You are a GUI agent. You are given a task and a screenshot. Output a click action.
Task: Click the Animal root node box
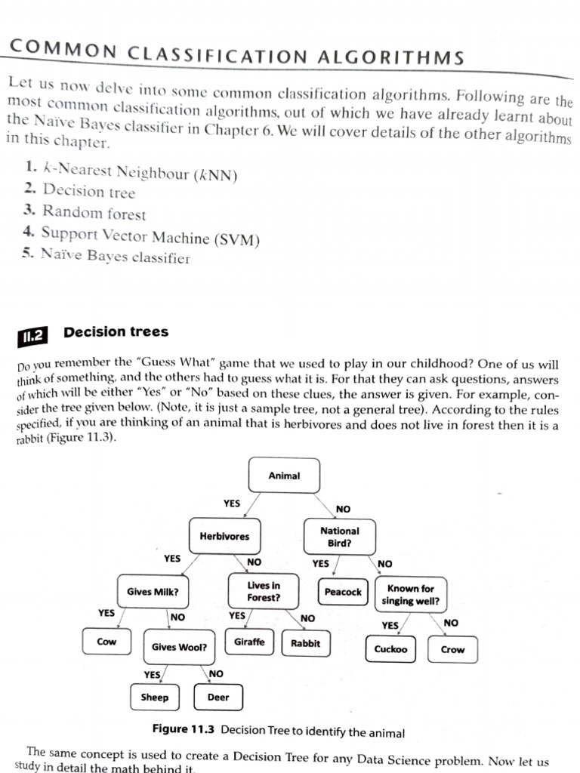click(284, 476)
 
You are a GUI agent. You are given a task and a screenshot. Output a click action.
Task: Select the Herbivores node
click(224, 536)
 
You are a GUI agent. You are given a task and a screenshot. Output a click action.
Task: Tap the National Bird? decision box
click(339, 537)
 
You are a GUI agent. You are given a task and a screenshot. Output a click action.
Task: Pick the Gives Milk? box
click(153, 592)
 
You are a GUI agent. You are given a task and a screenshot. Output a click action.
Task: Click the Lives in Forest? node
click(264, 591)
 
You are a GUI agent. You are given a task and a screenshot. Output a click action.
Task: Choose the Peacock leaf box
click(343, 592)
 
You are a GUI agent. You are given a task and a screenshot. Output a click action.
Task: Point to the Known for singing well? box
click(410, 594)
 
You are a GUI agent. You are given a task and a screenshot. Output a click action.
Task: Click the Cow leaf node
click(106, 642)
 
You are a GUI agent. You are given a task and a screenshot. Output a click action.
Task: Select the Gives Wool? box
click(179, 647)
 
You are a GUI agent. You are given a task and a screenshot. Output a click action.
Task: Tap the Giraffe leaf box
click(249, 642)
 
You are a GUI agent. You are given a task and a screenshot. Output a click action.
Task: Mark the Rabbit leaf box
click(305, 644)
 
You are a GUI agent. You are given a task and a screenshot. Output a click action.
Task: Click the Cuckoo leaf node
click(390, 649)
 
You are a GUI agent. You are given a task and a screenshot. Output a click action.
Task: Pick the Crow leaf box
click(452, 649)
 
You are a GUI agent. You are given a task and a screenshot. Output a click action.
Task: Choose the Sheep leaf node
click(155, 698)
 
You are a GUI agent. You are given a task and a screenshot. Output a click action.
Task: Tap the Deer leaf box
click(217, 698)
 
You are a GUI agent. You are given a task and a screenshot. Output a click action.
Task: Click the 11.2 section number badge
click(32, 336)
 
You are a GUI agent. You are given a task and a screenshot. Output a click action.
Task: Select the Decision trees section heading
click(116, 332)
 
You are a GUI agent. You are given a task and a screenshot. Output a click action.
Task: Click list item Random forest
click(94, 213)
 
